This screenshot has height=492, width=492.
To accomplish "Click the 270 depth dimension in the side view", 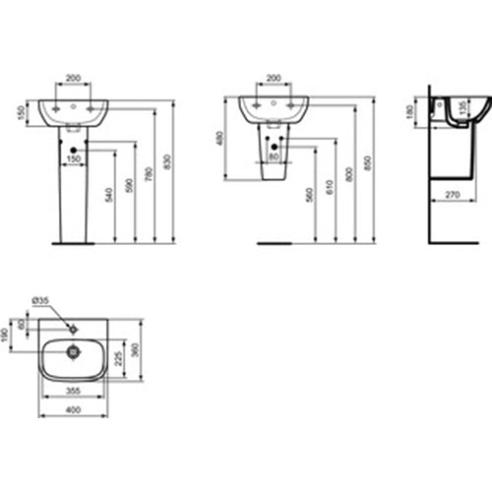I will [x=454, y=196].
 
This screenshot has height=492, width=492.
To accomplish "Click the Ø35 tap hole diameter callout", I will [x=40, y=299].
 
